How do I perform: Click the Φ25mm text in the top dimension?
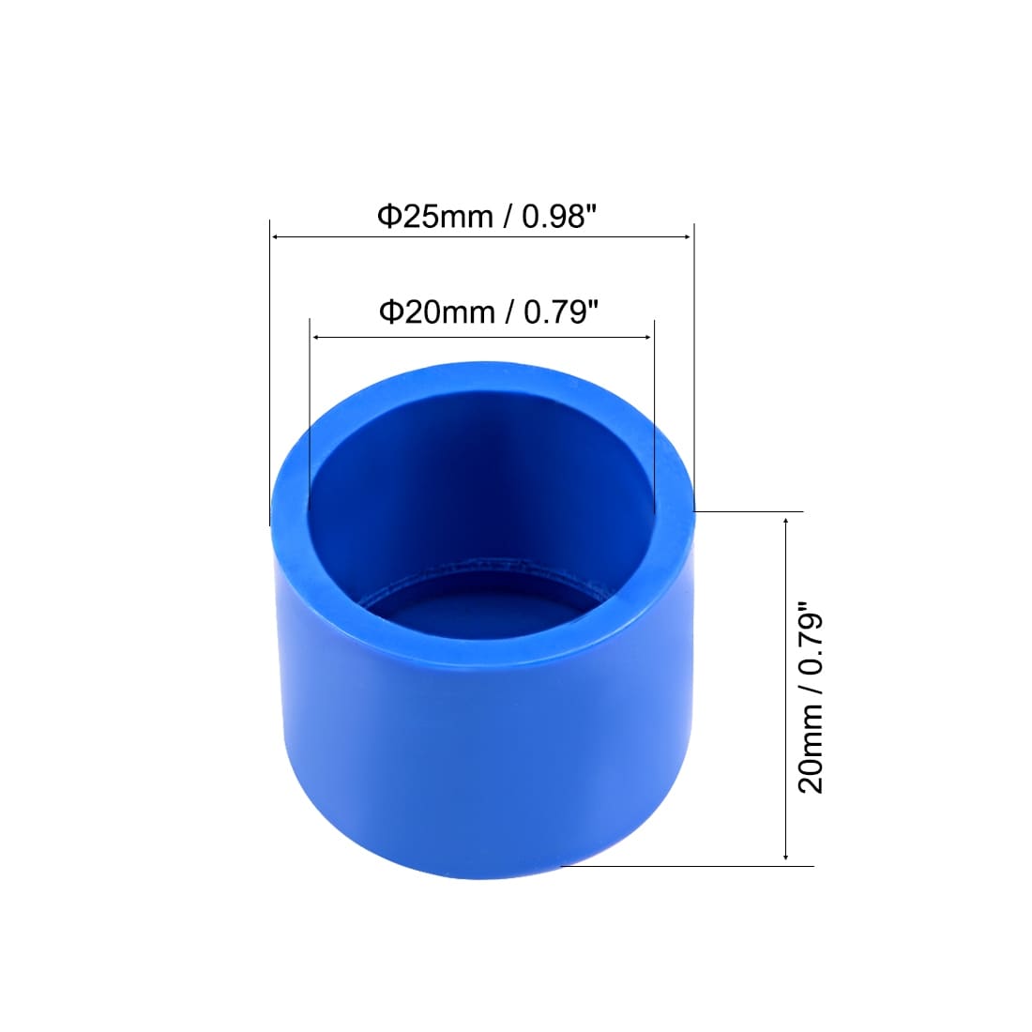click(435, 216)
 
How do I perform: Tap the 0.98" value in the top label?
click(559, 216)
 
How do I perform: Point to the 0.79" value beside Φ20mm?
click(561, 311)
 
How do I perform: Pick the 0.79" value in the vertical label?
click(811, 645)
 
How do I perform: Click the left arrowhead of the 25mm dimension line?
click(275, 237)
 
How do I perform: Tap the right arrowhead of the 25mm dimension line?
click(687, 237)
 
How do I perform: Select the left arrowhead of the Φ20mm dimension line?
click(316, 337)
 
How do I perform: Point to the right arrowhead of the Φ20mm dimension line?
click(647, 337)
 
